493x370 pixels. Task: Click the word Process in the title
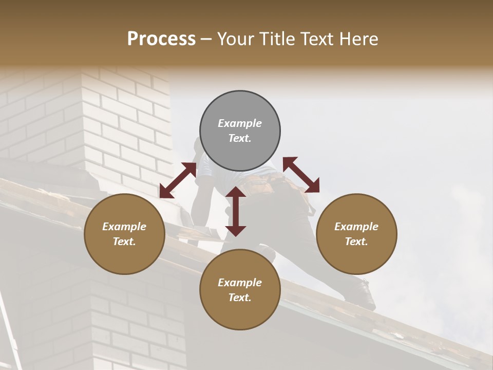click(161, 39)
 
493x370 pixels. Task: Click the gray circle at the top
click(240, 131)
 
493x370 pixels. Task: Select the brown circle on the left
click(124, 234)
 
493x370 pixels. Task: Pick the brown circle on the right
click(356, 234)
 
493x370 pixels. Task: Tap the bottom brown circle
click(240, 289)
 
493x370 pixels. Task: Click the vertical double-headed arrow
click(236, 211)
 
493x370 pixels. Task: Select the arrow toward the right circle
click(301, 175)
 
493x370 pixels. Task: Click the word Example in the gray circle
click(240, 123)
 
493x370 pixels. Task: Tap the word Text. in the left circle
click(124, 242)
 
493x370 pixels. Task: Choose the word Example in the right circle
click(356, 227)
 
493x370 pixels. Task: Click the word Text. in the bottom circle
click(240, 298)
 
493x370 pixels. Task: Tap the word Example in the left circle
click(124, 227)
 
